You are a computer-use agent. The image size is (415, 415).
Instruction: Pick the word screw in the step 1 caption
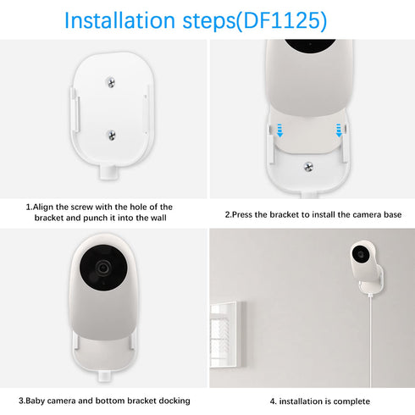[94, 207]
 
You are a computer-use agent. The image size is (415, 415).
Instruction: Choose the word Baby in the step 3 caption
[37, 400]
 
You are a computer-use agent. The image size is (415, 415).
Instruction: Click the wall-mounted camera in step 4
[361, 257]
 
